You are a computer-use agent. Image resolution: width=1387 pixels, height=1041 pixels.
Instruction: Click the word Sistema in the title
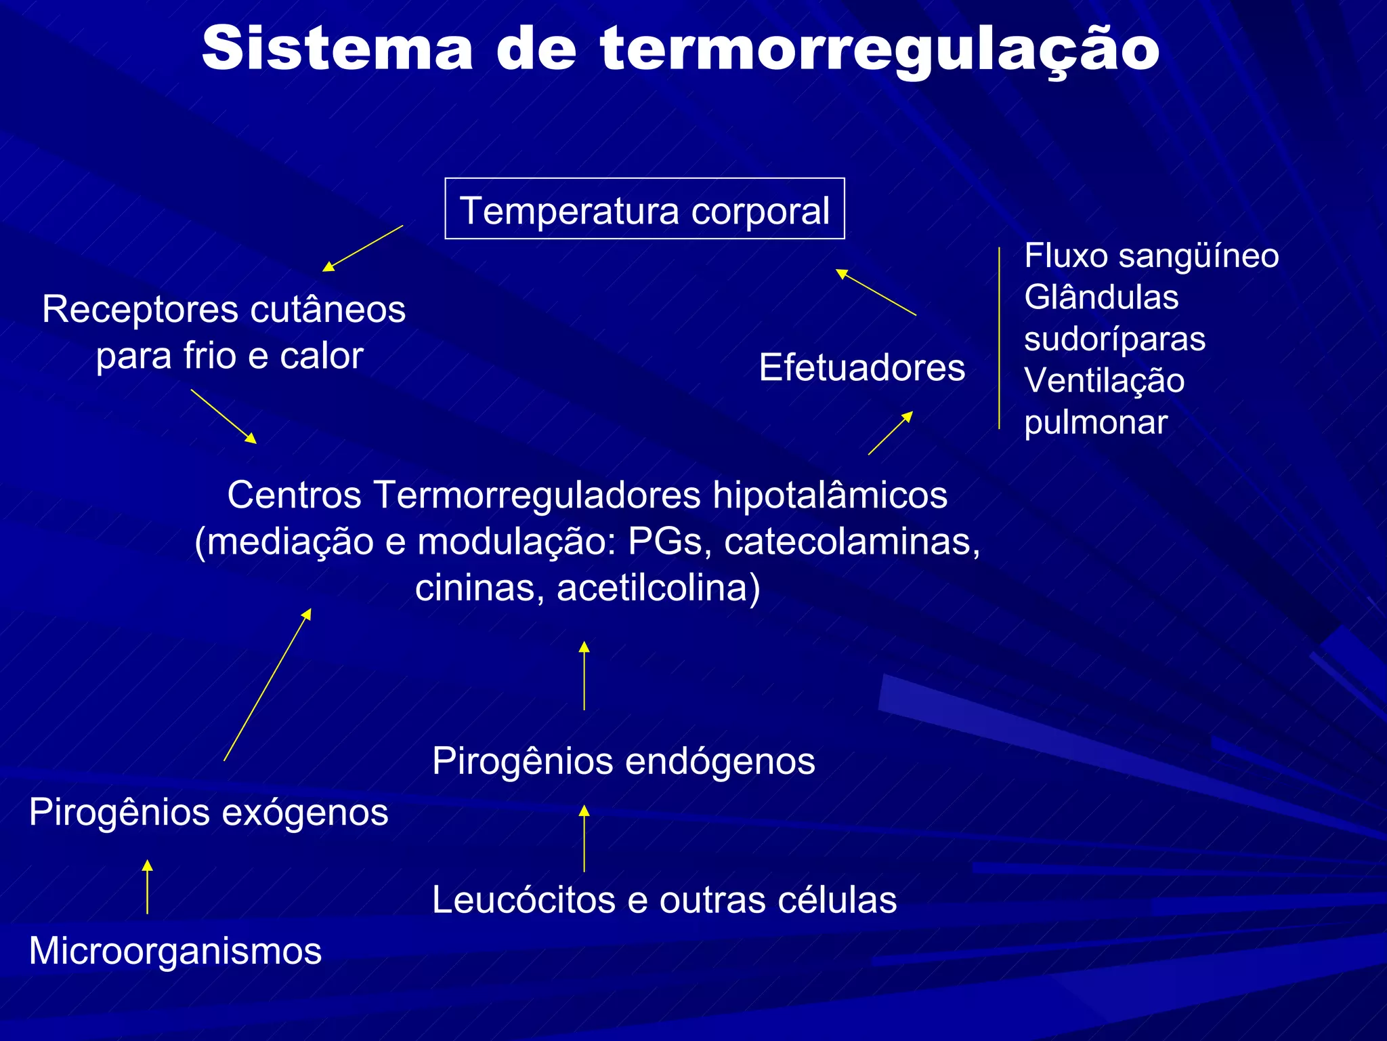coord(337,49)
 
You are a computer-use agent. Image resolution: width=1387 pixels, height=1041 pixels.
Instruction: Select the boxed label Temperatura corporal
coord(644,209)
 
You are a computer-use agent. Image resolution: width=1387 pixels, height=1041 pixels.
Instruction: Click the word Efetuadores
coord(861,367)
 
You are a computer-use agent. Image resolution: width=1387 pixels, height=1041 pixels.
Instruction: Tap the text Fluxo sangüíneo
coord(1151,256)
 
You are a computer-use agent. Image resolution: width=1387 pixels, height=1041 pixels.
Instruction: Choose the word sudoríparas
coord(1114,339)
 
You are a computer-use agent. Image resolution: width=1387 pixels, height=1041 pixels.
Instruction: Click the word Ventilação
coord(1104,380)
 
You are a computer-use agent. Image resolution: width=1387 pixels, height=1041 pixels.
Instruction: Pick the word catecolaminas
coord(851,542)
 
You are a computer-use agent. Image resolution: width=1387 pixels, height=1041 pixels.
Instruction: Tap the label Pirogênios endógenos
coord(623,760)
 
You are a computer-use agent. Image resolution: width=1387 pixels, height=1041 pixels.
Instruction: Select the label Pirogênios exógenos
coord(209,812)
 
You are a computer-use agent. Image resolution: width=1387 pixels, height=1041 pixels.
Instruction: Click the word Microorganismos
coord(175,950)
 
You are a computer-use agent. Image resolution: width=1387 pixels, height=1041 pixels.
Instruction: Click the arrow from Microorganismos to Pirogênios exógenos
coord(147,887)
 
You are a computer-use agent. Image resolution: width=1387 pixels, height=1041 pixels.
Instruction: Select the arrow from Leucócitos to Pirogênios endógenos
coord(584,838)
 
